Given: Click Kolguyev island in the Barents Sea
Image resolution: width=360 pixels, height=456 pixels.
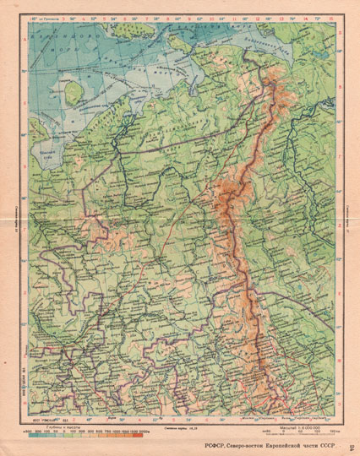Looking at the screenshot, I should [74, 87].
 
